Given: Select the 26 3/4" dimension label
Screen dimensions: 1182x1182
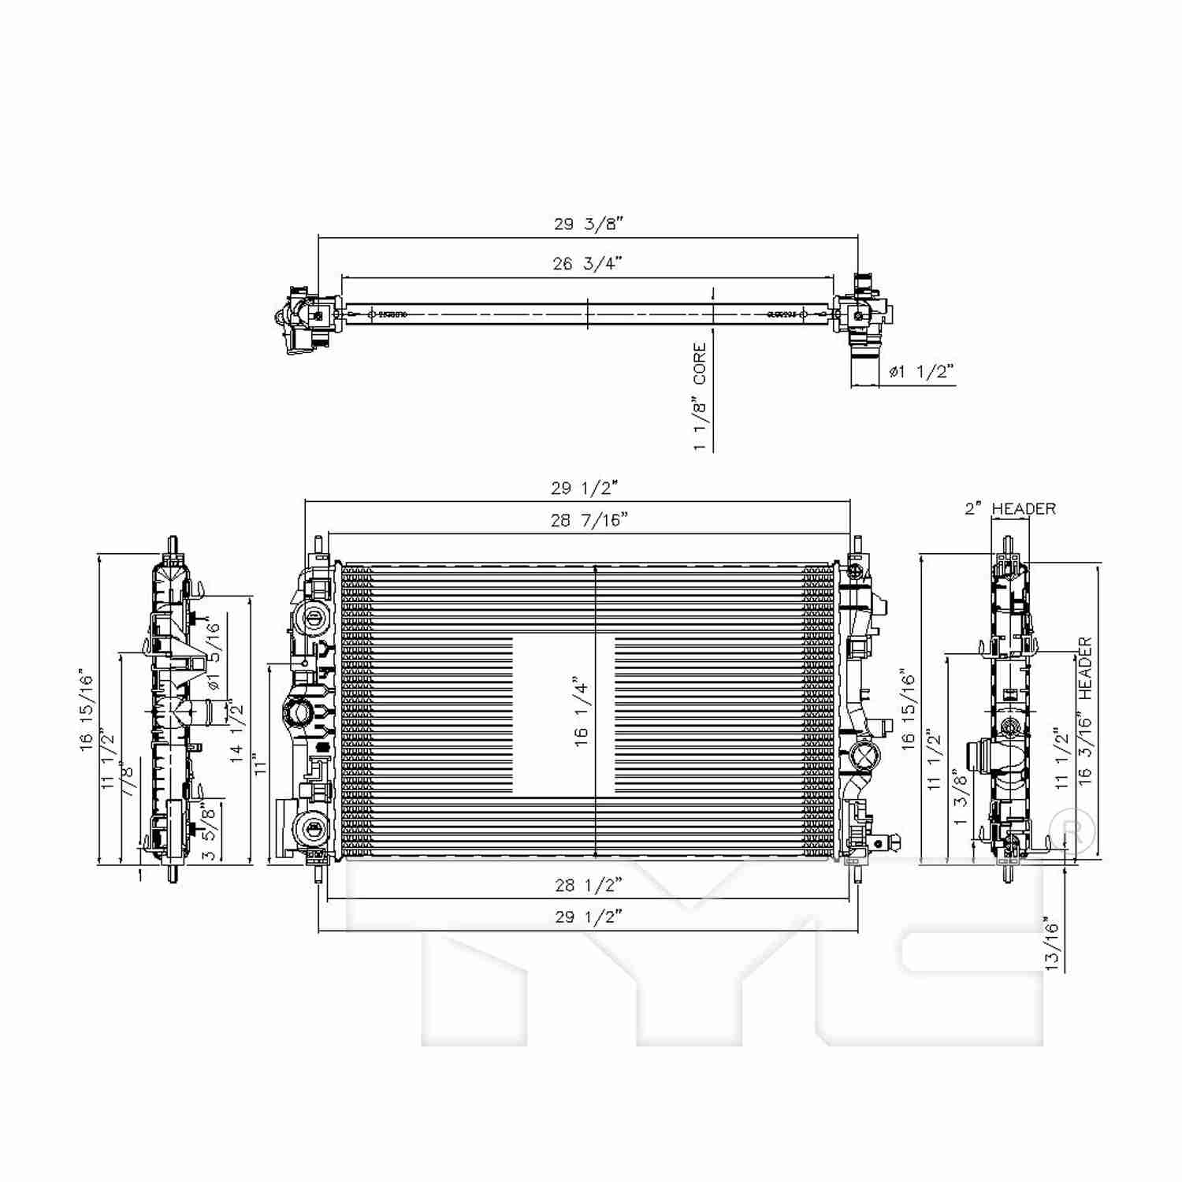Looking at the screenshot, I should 587,263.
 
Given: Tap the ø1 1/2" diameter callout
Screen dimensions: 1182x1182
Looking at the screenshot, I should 920,371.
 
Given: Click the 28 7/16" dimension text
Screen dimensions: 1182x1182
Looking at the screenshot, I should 589,520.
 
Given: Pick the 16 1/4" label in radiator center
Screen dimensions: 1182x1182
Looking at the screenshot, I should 582,712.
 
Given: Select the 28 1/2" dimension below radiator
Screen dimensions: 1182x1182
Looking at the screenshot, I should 588,885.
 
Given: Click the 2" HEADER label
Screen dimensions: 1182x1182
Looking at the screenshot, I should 1010,509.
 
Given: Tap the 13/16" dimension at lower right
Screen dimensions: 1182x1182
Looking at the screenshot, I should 1053,942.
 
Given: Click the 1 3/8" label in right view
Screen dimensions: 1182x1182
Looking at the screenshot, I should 960,797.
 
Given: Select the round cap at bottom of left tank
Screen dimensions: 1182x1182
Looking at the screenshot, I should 312,828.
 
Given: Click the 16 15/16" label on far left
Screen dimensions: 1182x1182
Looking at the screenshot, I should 86,712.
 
